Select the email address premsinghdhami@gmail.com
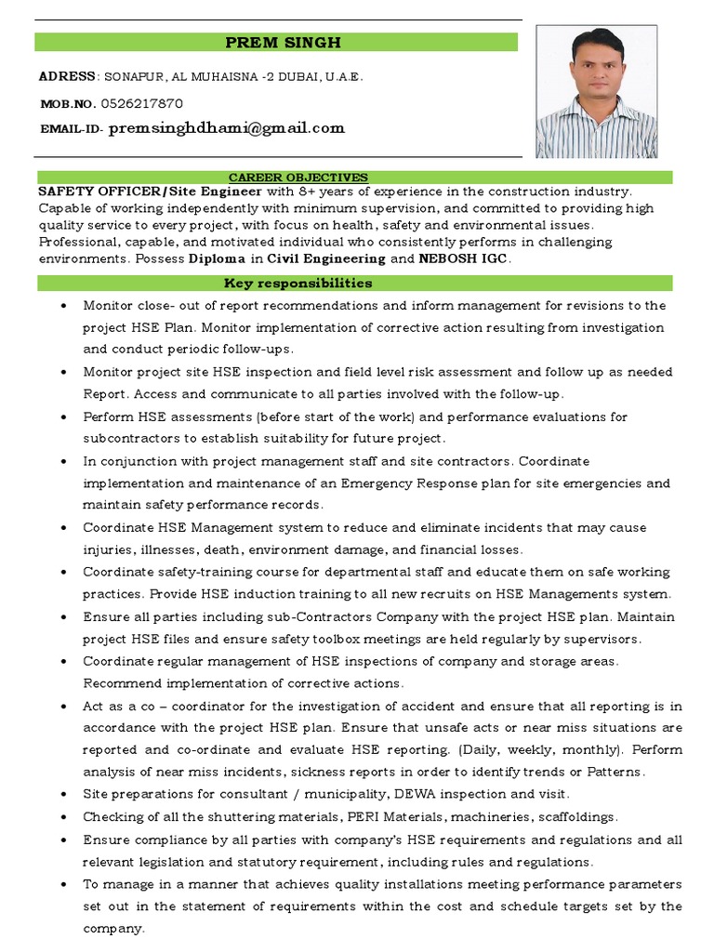[227, 128]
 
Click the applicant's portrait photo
[596, 91]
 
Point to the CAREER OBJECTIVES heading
[298, 177]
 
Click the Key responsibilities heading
[298, 283]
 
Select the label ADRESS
[67, 76]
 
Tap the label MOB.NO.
[67, 104]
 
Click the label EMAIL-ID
[72, 129]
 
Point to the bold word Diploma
[219, 258]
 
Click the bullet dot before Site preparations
[61, 795]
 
